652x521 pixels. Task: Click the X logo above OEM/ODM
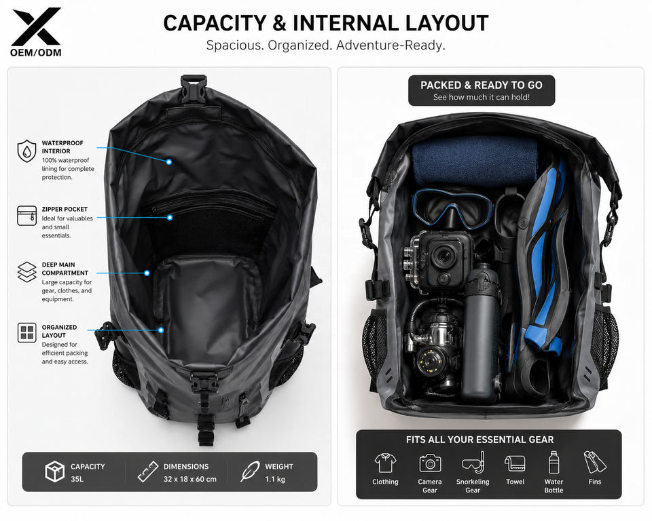[36, 26]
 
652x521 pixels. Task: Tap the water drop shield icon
[26, 151]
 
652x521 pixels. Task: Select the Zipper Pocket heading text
[65, 210]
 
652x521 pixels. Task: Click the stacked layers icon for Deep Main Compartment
[27, 272]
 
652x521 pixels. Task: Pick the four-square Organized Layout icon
[27, 333]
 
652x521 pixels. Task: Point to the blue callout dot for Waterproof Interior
[169, 162]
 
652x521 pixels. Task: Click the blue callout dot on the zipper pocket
[170, 217]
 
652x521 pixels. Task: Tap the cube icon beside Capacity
[54, 471]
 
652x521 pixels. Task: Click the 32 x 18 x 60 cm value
[189, 479]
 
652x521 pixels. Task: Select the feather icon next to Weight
[249, 471]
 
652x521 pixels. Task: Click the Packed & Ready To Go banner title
[481, 85]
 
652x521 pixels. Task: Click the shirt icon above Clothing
[385, 463]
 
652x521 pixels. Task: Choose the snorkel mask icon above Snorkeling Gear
[473, 463]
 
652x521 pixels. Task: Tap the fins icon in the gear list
[595, 462]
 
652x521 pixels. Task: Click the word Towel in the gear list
[515, 482]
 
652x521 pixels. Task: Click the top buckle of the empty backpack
[194, 89]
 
